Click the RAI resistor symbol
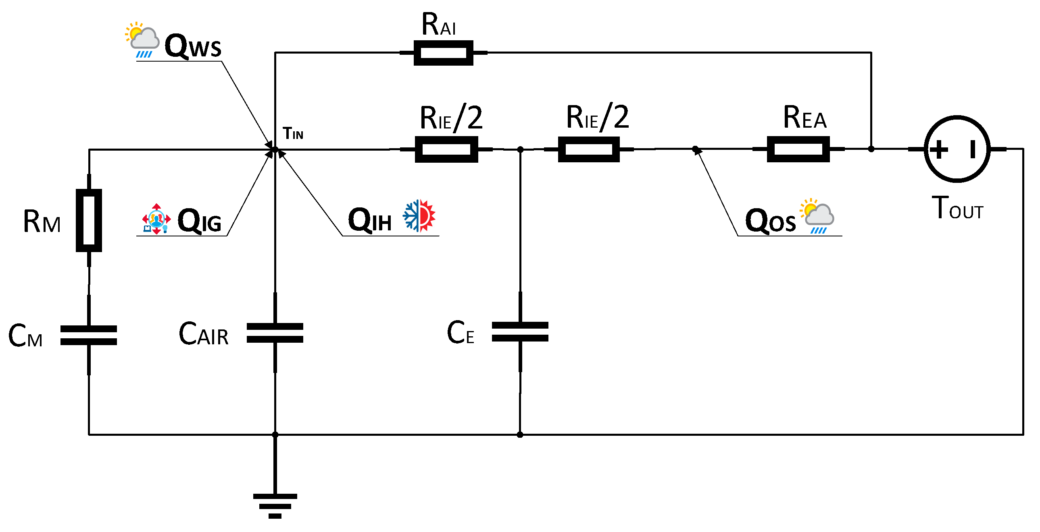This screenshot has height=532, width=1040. click(x=443, y=53)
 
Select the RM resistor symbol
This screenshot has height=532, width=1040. click(x=89, y=220)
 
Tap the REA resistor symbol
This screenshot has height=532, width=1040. click(x=798, y=149)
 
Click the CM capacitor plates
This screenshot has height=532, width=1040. click(x=89, y=335)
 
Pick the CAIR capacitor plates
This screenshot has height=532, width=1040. click(x=275, y=333)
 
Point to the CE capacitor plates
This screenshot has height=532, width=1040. click(x=520, y=331)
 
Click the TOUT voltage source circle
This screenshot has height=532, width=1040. click(x=957, y=149)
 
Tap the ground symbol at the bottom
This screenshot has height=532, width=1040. click(x=275, y=506)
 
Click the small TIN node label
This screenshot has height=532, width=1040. click(x=293, y=134)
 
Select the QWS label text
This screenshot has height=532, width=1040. click(x=193, y=46)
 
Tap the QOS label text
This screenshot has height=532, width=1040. click(x=770, y=221)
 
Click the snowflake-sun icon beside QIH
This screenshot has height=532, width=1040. click(x=419, y=216)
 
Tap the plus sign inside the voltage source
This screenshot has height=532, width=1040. click(x=938, y=149)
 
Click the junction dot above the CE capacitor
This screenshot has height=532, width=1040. click(x=521, y=150)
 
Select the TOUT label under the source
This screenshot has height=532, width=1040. click(x=957, y=208)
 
